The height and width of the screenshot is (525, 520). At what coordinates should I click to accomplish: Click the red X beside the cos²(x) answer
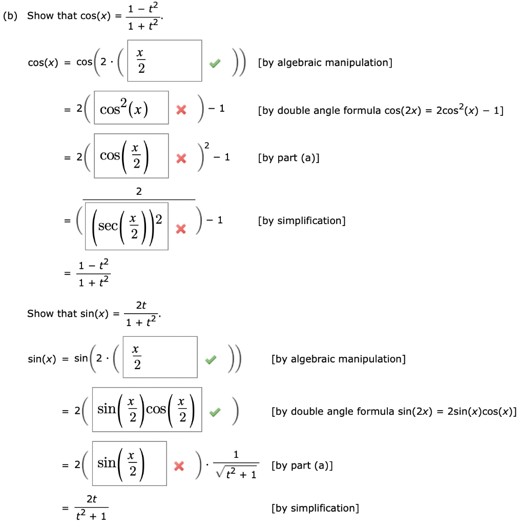click(x=180, y=110)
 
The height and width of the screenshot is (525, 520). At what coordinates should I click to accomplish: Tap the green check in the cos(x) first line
click(x=216, y=63)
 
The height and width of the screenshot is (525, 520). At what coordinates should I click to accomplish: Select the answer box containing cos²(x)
click(x=131, y=108)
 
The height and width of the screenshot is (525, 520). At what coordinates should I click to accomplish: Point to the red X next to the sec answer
click(x=180, y=230)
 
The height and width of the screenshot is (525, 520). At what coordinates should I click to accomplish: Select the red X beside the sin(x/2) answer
click(x=179, y=466)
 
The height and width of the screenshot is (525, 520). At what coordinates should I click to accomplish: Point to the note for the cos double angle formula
click(x=381, y=110)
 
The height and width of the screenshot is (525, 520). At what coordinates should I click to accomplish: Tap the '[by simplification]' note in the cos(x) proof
click(x=302, y=221)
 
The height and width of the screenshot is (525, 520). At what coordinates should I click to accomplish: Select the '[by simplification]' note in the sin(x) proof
click(x=315, y=508)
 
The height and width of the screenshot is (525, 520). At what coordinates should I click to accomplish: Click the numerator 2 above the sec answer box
click(x=139, y=191)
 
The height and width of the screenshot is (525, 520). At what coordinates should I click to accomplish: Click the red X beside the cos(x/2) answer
click(x=180, y=159)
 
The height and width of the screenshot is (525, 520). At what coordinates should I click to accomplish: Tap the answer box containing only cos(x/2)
click(x=131, y=156)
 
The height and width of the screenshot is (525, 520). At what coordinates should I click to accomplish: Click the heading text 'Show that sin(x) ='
click(x=68, y=314)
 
